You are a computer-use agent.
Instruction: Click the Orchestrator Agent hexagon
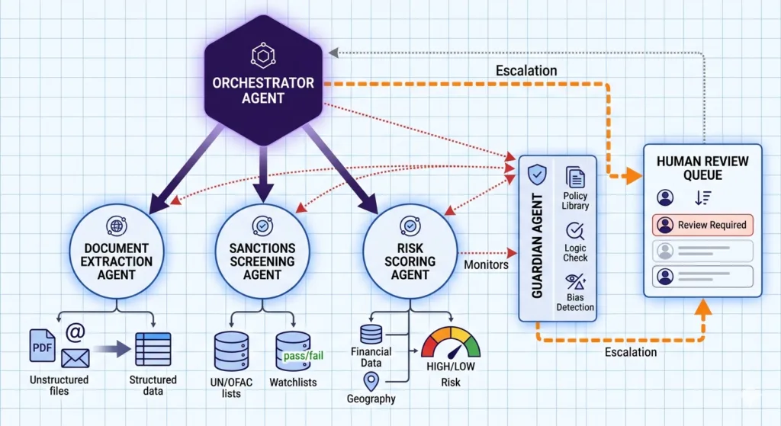262,84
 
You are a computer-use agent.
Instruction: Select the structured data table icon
153,349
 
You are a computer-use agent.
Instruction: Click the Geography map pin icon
372,380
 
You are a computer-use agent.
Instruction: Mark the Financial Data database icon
371,334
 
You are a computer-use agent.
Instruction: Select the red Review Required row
702,225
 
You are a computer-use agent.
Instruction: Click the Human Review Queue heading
702,168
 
